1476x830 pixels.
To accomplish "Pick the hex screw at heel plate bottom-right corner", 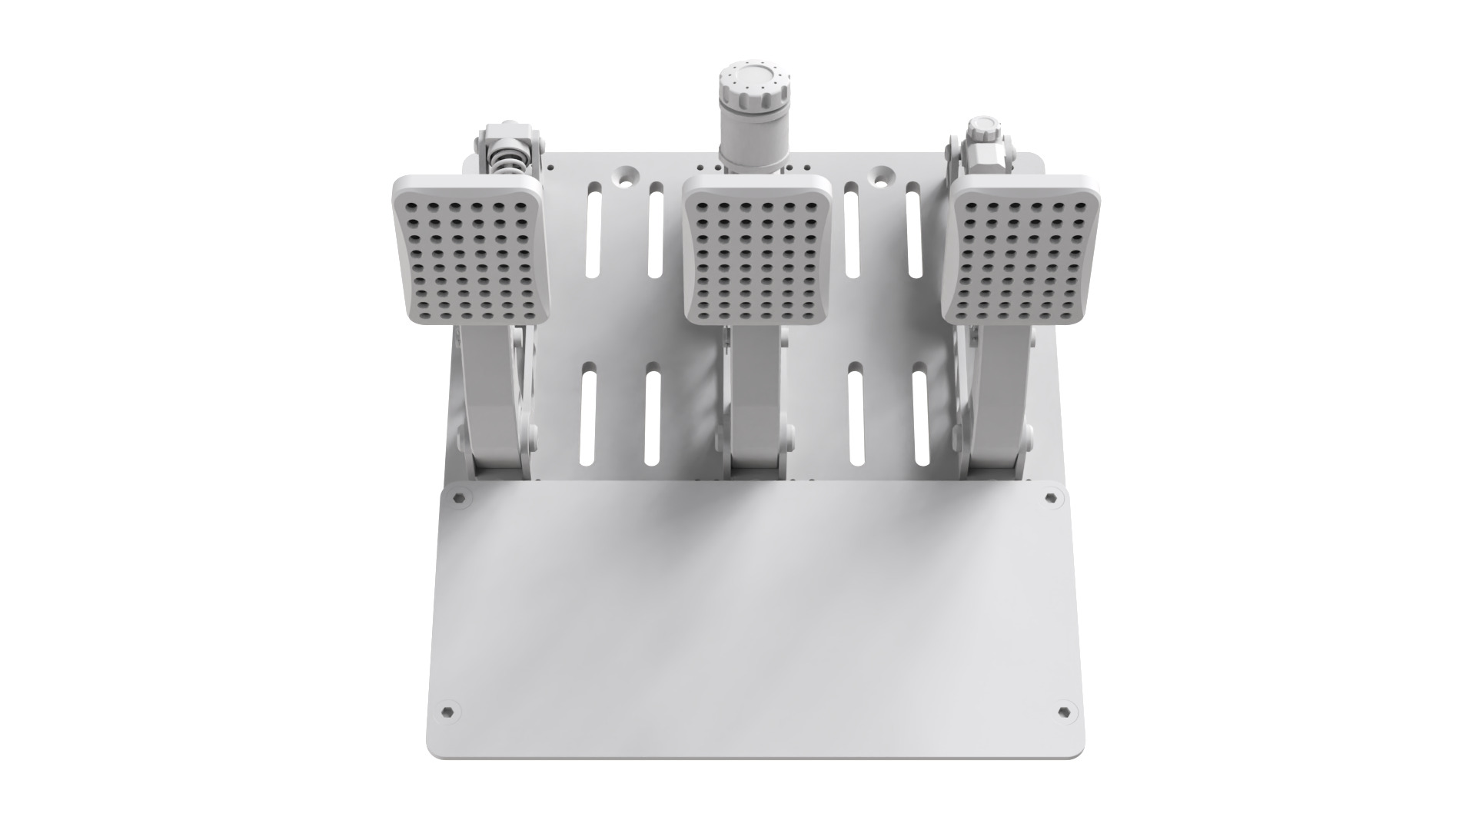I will [1063, 710].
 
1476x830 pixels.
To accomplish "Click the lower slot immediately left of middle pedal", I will [653, 419].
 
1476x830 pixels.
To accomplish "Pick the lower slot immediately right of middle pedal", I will [855, 419].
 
